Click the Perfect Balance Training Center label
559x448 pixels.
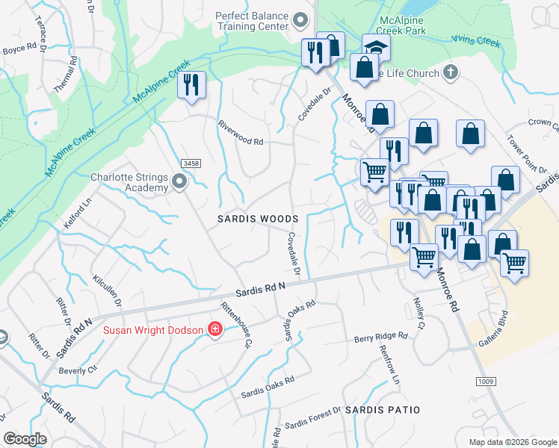[252, 20]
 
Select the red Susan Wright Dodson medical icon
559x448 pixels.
[215, 329]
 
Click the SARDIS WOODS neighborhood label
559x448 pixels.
[258, 219]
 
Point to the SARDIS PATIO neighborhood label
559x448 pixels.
[382, 410]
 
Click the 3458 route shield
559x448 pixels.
[191, 164]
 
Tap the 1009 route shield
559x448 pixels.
[484, 382]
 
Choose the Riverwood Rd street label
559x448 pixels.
[241, 132]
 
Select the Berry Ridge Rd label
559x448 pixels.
[381, 337]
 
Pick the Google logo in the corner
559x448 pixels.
[25, 438]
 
